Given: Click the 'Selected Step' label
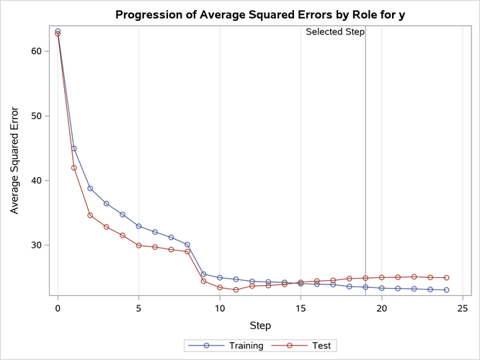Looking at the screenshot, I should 335,32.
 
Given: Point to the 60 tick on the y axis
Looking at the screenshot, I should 38,51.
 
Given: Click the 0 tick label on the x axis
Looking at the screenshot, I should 58,309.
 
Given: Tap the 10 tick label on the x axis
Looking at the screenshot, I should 220,309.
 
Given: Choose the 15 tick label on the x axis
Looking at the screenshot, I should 301,309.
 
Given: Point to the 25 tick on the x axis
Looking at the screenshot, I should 463,309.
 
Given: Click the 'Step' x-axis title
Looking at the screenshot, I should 260,325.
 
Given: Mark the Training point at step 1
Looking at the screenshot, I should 74,148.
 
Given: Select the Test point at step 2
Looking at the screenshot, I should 90,215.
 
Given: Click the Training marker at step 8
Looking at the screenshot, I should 187,245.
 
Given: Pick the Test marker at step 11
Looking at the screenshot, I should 236,290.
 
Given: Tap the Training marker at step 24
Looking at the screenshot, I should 447,290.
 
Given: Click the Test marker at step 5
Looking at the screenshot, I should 138,246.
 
